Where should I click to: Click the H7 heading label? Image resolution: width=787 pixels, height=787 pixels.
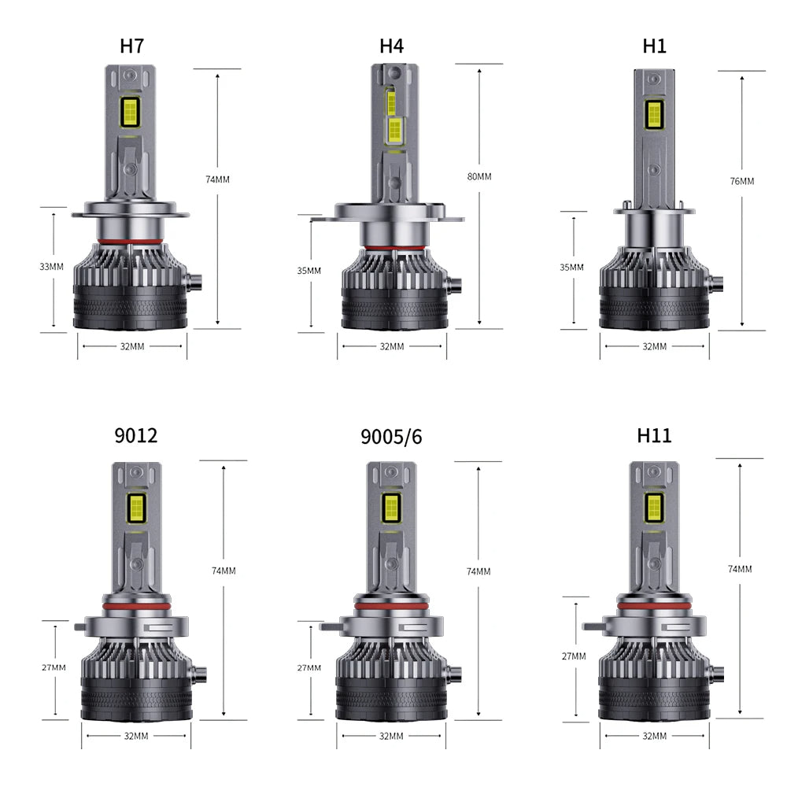point(132,46)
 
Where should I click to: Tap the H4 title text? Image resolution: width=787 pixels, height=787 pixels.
point(391,46)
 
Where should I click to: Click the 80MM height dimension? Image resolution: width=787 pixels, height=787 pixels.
point(478,176)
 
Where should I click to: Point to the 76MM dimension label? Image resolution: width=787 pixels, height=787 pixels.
point(741,181)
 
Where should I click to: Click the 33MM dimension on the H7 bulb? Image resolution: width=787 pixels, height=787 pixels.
point(51,267)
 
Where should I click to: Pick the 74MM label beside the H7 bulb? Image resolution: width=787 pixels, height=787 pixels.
point(217,179)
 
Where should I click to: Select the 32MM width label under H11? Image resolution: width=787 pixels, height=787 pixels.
point(654,736)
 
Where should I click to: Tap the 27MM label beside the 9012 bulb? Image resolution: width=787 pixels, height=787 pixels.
point(54,667)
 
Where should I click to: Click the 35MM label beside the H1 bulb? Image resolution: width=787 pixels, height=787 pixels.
point(571,268)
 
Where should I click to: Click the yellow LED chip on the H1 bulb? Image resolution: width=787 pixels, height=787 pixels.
point(653,116)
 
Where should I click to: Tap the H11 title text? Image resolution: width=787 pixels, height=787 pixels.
point(655,435)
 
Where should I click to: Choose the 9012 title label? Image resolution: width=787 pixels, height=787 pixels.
point(136,435)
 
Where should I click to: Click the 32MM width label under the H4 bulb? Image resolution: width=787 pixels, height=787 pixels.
point(391,346)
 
